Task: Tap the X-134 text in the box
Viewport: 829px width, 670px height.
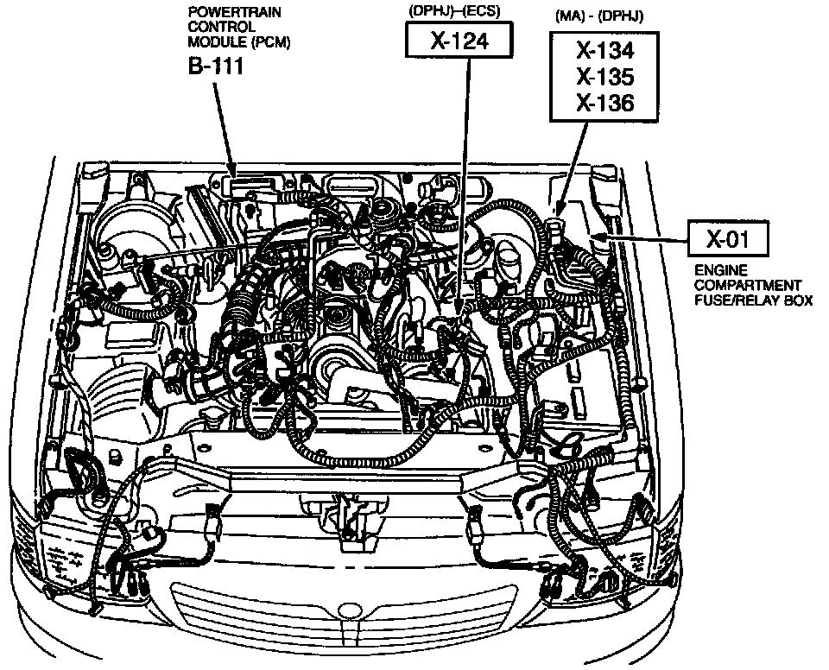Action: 605,50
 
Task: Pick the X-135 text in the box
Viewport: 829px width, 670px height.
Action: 605,77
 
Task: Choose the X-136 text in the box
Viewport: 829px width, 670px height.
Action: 605,104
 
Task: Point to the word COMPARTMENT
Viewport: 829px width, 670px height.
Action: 748,285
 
